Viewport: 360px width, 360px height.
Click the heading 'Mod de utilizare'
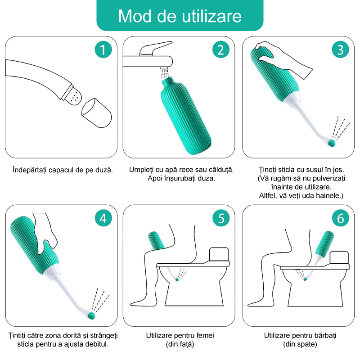pyautogui.click(x=180, y=16)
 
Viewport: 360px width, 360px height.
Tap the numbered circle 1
pyautogui.click(x=103, y=49)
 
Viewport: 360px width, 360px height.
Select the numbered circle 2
pyautogui.click(x=221, y=49)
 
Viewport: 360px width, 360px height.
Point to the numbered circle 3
pyautogui.click(x=341, y=49)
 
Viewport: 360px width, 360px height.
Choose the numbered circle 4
pyautogui.click(x=103, y=218)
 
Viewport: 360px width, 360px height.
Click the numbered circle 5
pyautogui.click(x=221, y=218)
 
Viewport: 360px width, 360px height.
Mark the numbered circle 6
pyautogui.click(x=341, y=218)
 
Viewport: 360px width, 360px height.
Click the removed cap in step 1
pyautogui.click(x=97, y=113)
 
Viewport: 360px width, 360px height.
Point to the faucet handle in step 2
pyautogui.click(x=156, y=48)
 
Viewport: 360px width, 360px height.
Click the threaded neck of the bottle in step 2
pyautogui.click(x=170, y=82)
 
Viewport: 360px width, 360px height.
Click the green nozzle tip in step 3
pyautogui.click(x=332, y=143)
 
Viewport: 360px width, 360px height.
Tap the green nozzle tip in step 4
pyautogui.click(x=92, y=315)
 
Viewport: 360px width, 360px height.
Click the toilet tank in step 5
pyautogui.click(x=219, y=254)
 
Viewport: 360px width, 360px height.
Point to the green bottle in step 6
pyautogui.click(x=324, y=243)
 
